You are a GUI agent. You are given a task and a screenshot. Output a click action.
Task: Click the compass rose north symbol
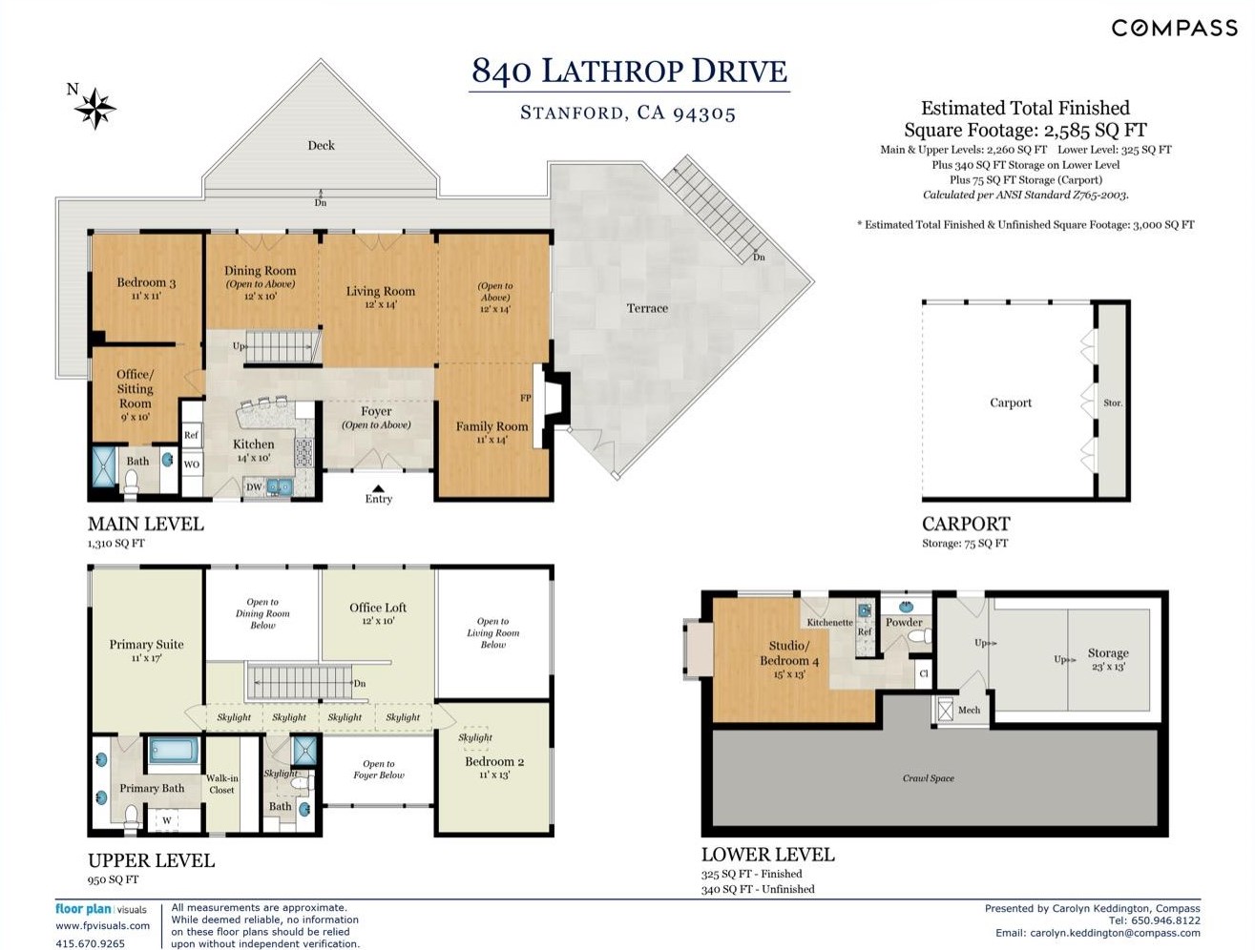coord(95,108)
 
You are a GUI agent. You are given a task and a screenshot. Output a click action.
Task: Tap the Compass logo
coord(1175,28)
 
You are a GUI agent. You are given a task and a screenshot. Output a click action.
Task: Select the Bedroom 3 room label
coord(146,282)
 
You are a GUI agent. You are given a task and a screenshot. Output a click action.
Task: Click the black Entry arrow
coord(379,488)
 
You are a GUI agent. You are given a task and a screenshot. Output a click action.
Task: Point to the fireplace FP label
coord(526,398)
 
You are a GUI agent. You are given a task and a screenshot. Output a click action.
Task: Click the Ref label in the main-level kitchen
coord(191,435)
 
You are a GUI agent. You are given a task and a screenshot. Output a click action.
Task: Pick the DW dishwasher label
coord(254,486)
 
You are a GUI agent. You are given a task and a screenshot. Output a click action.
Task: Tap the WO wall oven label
coord(192,464)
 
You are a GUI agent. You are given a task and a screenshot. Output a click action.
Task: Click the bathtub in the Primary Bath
coord(174,750)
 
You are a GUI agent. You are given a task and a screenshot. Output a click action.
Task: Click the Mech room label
coord(969,710)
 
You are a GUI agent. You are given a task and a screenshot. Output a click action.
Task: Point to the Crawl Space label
coord(929,778)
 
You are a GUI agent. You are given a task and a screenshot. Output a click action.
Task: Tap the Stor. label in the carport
coord(1113,403)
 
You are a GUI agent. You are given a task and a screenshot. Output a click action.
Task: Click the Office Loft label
coord(378,608)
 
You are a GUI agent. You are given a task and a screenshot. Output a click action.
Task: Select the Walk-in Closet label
coord(221,784)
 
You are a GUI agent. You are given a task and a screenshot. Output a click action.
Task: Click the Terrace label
coord(647,308)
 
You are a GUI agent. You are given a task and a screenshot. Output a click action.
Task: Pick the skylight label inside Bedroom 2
coord(475,737)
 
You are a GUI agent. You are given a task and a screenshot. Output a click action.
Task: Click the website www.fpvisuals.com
coord(102,925)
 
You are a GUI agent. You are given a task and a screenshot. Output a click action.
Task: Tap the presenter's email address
coord(1115,933)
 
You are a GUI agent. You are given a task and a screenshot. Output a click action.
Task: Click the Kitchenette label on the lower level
coord(829,622)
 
